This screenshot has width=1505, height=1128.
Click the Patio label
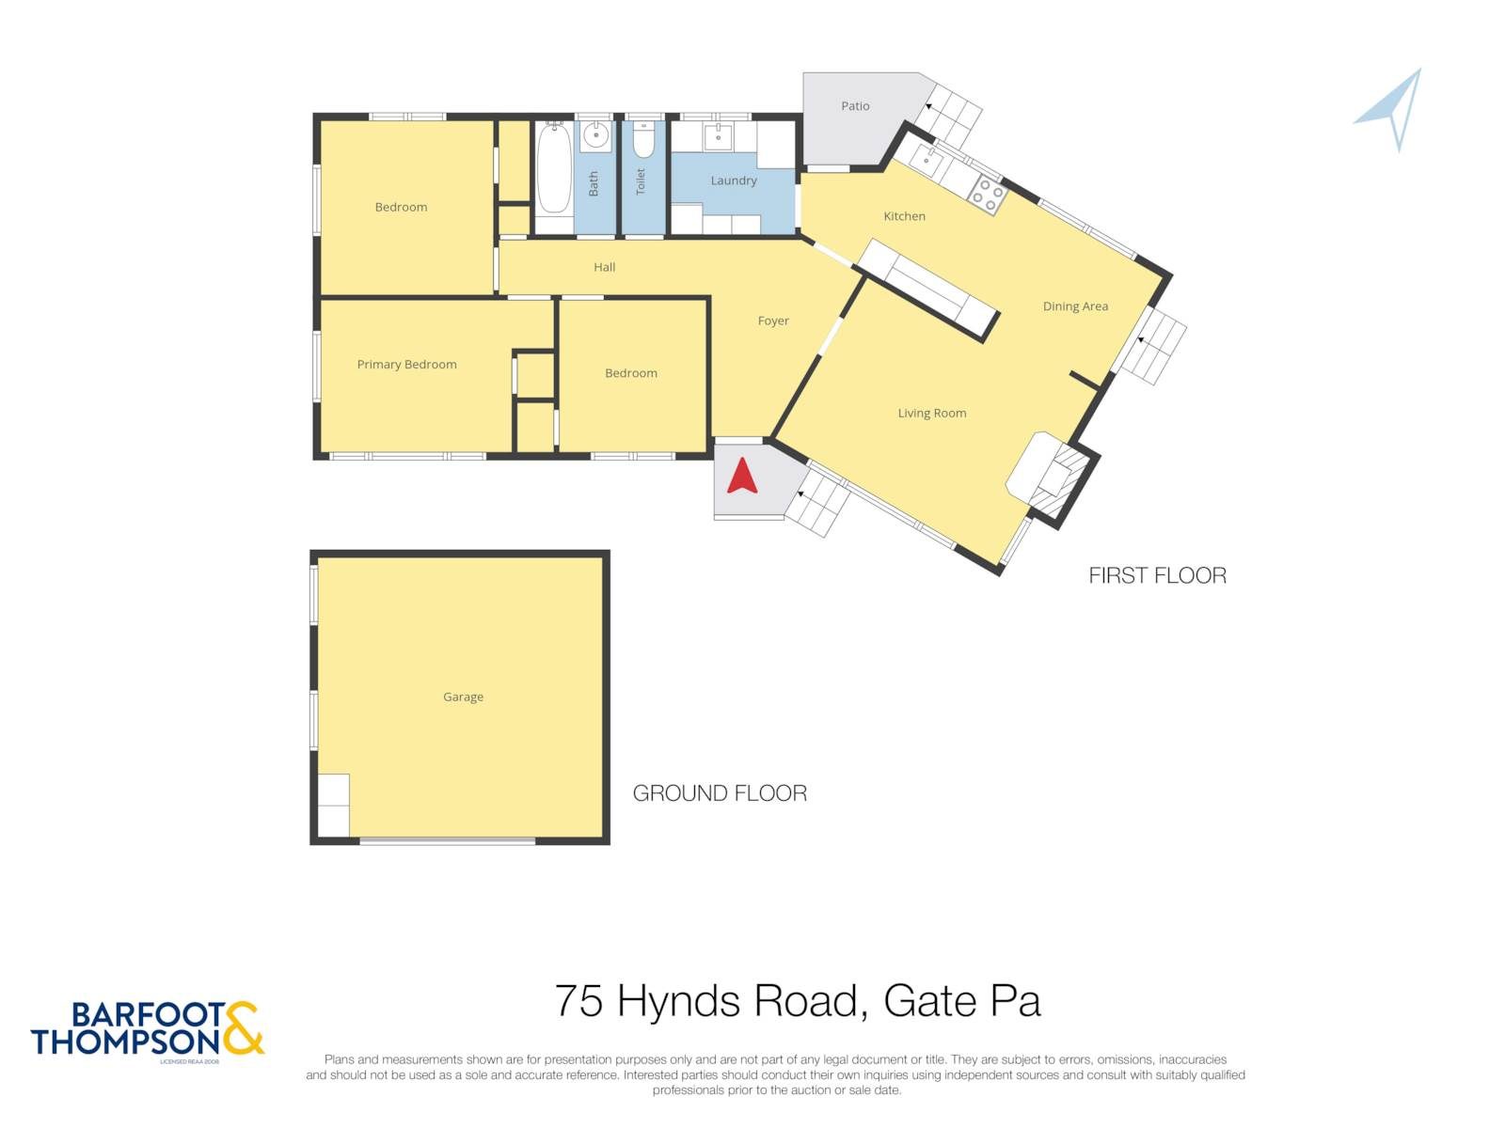pyautogui.click(x=855, y=106)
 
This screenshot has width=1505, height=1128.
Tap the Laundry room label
pyautogui.click(x=734, y=180)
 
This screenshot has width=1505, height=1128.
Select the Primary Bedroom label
pyautogui.click(x=406, y=365)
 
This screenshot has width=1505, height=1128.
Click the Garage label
pyautogui.click(x=463, y=697)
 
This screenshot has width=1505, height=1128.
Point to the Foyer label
pyautogui.click(x=773, y=321)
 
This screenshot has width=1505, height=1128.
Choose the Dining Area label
pyautogui.click(x=1075, y=306)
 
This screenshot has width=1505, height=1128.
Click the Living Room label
pyautogui.click(x=932, y=413)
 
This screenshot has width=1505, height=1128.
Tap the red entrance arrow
pyautogui.click(x=742, y=476)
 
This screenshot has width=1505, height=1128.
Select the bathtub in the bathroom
pyautogui.click(x=553, y=168)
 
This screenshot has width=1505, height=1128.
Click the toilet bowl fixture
pyautogui.click(x=642, y=140)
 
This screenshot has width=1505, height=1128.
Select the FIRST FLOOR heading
pyautogui.click(x=1157, y=575)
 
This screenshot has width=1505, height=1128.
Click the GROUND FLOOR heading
pyautogui.click(x=720, y=793)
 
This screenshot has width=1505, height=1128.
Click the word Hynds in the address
pyautogui.click(x=677, y=1004)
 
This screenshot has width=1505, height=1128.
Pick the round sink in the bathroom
pyautogui.click(x=596, y=135)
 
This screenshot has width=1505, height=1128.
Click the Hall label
pyautogui.click(x=604, y=267)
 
